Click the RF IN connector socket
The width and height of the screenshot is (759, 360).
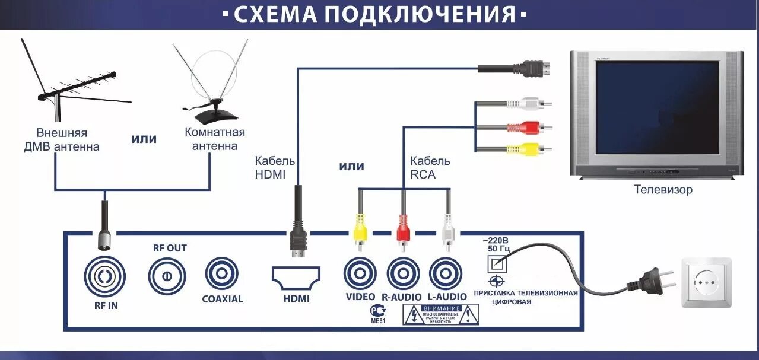[104, 276]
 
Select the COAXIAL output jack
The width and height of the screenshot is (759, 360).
[221, 273]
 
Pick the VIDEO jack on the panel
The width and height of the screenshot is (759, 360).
[360, 273]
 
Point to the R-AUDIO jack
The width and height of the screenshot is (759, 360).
[403, 273]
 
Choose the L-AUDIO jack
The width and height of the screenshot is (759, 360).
[446, 273]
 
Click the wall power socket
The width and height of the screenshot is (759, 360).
[706, 282]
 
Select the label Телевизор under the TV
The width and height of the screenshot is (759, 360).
[663, 190]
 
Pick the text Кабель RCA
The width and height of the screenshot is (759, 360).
[430, 167]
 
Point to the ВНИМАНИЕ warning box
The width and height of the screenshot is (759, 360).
[440, 314]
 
